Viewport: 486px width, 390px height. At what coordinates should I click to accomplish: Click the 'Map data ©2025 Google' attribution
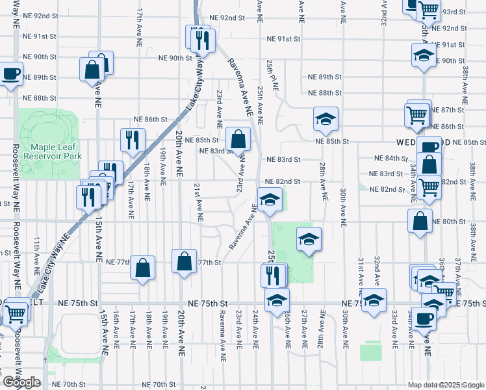446,385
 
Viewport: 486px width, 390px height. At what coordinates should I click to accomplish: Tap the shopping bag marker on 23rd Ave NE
238,138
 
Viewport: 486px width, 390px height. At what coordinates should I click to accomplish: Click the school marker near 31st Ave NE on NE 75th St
374,300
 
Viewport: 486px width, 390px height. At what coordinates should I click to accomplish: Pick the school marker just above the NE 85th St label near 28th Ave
326,118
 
